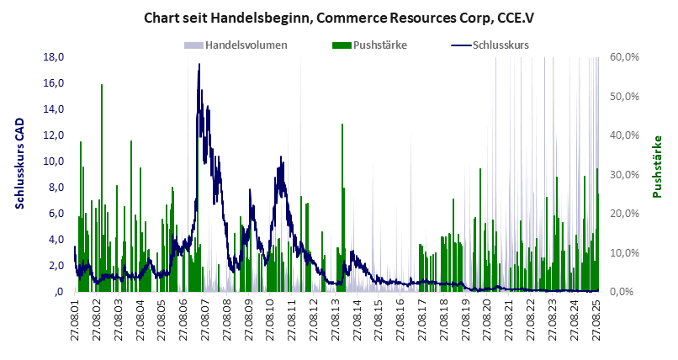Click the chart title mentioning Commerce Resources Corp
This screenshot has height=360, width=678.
(339, 17)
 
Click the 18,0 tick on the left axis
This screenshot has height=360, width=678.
(55, 57)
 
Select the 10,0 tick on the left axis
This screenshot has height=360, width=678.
(55, 161)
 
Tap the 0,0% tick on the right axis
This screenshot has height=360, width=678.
(628, 292)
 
